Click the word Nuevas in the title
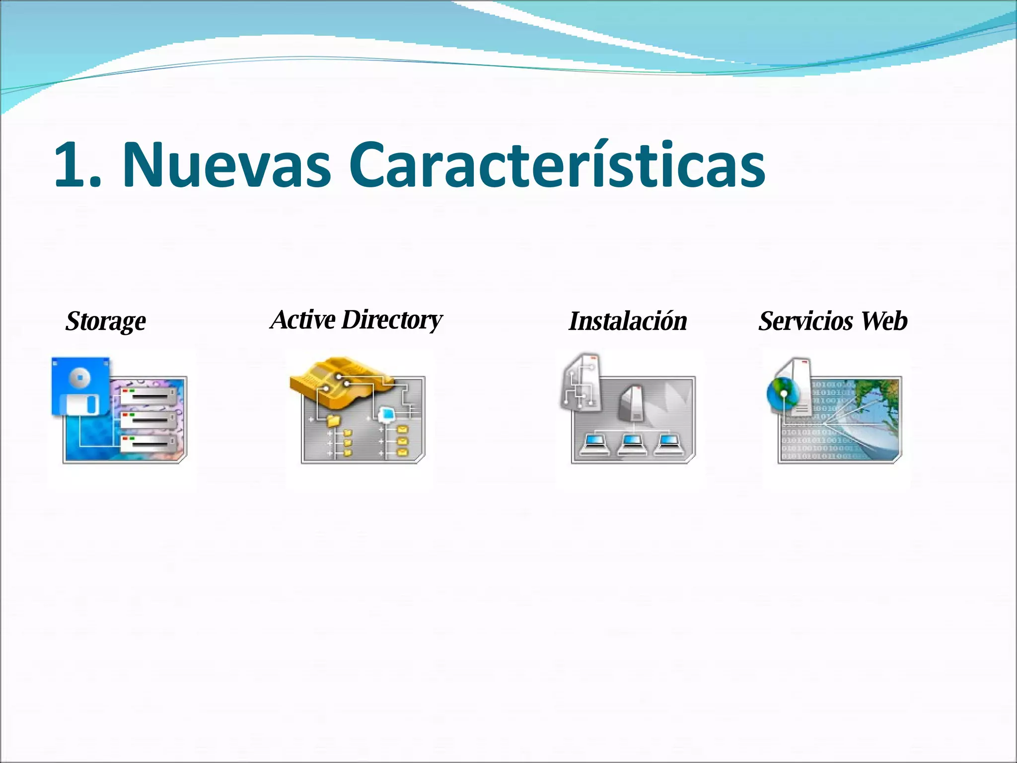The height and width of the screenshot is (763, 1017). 226,165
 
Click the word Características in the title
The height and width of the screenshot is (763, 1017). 557,165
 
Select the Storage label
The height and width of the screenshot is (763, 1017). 106,321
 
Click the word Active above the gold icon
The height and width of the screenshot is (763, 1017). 303,319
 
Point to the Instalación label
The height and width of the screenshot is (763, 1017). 628,321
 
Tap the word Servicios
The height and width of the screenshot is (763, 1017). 805,321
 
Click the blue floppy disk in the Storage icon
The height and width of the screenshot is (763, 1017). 81,385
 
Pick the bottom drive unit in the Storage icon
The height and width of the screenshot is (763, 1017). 148,443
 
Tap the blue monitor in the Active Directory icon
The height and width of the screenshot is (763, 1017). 386,413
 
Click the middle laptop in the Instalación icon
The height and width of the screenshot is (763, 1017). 632,444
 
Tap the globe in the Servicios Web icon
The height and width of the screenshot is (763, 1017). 781,392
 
